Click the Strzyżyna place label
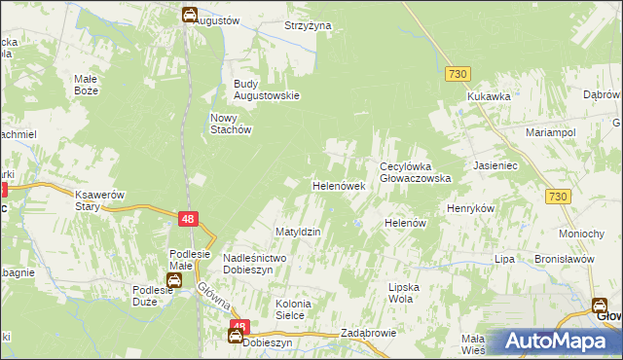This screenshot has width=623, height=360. (x=308, y=25)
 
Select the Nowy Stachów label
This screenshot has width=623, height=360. (x=231, y=124)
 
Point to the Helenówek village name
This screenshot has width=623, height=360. (x=338, y=185)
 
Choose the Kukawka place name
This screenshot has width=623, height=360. (x=489, y=96)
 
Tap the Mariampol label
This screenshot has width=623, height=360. (x=551, y=131)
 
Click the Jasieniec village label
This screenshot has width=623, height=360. (x=495, y=166)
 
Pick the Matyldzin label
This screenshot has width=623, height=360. (x=298, y=232)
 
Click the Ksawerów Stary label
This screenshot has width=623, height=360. (x=100, y=199)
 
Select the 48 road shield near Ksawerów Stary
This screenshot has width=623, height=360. (x=190, y=220)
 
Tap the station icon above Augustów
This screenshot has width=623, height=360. (x=189, y=15)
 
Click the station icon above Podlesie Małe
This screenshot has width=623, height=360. (x=174, y=280)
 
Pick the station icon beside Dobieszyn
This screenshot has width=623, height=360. (x=236, y=337)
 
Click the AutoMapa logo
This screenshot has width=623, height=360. (x=556, y=342)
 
